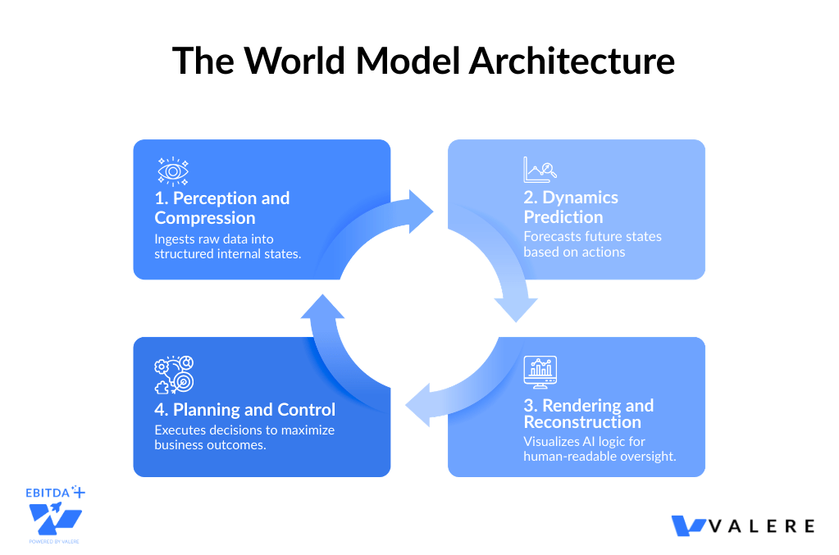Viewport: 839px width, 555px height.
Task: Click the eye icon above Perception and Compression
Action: click(172, 171)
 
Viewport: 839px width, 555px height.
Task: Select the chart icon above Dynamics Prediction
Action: click(540, 169)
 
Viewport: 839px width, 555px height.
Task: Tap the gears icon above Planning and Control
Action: click(173, 375)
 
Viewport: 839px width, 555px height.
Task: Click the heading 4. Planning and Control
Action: click(245, 409)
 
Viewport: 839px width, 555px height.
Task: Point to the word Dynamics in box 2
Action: click(581, 198)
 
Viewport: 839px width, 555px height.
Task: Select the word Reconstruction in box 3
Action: click(582, 421)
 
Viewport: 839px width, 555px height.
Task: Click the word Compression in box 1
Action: click(205, 218)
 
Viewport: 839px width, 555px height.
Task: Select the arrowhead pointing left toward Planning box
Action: click(417, 405)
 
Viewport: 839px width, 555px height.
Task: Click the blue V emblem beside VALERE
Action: click(689, 525)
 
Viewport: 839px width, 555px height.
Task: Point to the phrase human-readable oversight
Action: click(600, 457)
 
